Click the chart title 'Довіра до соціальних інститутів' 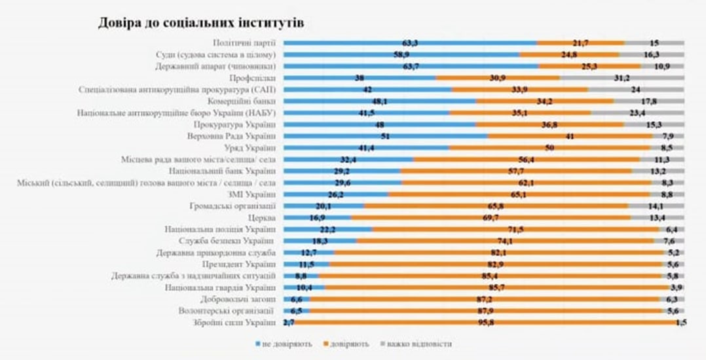coord(202,22)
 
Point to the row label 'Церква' coord(262,217)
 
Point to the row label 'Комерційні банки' coord(245,101)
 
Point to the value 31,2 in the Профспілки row coord(622,78)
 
